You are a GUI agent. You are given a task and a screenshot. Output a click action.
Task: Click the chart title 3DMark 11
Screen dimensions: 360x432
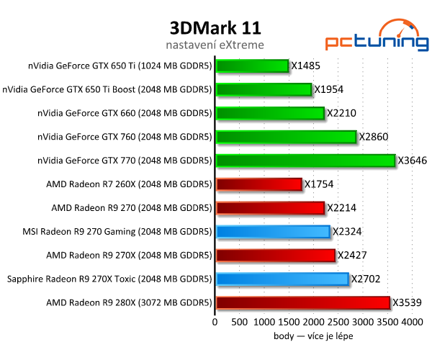(x=215, y=27)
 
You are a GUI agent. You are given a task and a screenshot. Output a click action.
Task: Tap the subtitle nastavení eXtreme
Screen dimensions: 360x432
(x=215, y=45)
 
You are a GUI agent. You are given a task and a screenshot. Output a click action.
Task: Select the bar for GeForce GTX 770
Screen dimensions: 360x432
(x=305, y=161)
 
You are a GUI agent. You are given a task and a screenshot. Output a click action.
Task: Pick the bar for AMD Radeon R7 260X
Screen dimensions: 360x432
(x=258, y=184)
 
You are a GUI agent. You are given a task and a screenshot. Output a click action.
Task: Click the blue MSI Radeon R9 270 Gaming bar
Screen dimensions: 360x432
(x=273, y=231)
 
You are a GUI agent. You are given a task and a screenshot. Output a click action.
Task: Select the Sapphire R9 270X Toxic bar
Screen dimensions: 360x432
(x=282, y=279)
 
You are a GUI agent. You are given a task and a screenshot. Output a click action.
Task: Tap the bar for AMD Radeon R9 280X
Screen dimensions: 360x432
(x=302, y=302)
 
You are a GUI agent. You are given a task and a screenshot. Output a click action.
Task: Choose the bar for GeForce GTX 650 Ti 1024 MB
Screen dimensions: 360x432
(x=252, y=66)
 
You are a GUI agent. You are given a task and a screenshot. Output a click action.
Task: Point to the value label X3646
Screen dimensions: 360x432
(x=413, y=161)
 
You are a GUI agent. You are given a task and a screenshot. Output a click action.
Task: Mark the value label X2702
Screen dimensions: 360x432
(x=366, y=279)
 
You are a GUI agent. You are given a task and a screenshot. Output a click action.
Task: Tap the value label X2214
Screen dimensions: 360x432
(x=341, y=208)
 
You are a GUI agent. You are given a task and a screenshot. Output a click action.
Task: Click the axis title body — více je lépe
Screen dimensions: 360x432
(x=314, y=336)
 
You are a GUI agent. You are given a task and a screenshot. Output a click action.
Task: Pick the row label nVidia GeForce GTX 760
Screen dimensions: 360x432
(x=124, y=137)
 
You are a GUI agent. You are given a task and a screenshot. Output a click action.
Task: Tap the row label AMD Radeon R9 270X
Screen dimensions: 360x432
(x=128, y=255)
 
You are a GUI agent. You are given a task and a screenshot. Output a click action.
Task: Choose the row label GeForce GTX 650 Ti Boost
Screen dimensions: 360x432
(x=107, y=90)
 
